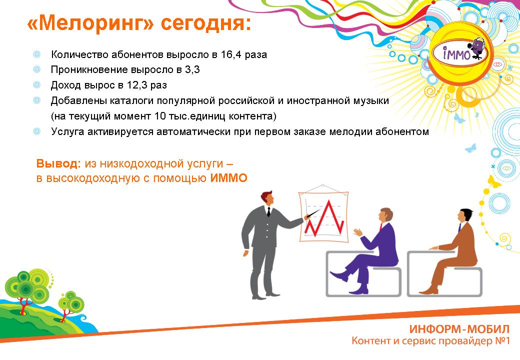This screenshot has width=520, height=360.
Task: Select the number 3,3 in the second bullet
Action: (x=192, y=69)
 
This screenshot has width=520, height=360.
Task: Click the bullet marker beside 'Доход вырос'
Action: (x=37, y=85)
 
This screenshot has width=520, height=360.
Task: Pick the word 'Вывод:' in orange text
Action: (x=58, y=163)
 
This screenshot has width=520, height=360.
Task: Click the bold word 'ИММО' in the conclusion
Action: (x=229, y=178)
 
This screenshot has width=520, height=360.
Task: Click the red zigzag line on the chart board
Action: (x=324, y=219)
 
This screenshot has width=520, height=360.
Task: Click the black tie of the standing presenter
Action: (x=268, y=211)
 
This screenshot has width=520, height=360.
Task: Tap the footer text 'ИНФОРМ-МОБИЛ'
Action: (x=459, y=329)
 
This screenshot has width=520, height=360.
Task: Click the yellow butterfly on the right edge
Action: (x=494, y=182)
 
